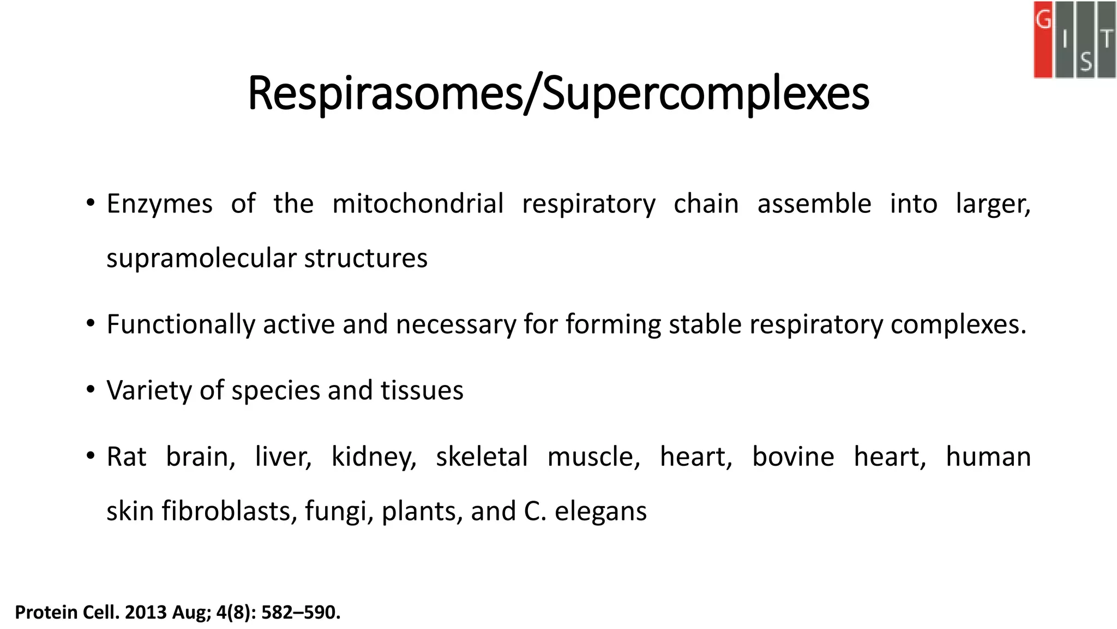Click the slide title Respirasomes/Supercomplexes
point(558,94)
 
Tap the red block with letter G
point(1043,39)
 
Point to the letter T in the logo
point(1107,39)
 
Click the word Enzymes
point(159,204)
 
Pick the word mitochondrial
point(418,204)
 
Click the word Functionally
point(181,324)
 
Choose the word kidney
point(374,457)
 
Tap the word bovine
point(793,457)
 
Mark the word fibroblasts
point(229,512)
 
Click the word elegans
point(600,512)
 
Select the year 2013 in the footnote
point(146,613)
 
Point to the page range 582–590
point(301,613)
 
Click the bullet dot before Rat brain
point(91,455)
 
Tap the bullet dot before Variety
point(91,389)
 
